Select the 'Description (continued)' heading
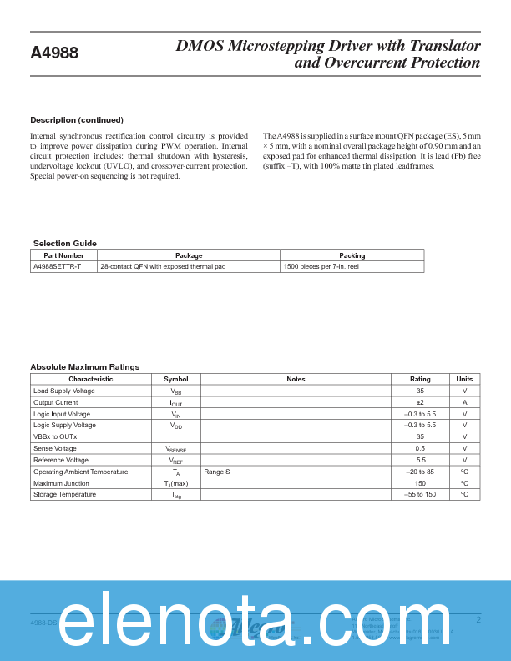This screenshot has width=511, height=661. click(x=77, y=120)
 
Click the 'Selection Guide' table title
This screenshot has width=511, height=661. click(x=64, y=243)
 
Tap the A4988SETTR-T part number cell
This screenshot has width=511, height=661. click(x=58, y=266)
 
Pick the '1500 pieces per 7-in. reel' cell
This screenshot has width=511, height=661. click(x=322, y=266)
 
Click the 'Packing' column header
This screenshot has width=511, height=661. click(x=352, y=255)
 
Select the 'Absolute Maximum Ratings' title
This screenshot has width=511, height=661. click(x=84, y=366)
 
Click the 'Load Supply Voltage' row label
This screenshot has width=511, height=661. click(x=63, y=391)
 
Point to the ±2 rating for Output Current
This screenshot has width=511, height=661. click(x=420, y=402)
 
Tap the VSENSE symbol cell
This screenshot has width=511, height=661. click(x=176, y=449)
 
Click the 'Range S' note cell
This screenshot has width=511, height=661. click(x=217, y=472)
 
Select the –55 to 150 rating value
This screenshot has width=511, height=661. click(x=420, y=495)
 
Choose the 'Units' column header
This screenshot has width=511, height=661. click(x=464, y=379)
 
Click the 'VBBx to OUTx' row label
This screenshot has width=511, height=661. click(x=55, y=436)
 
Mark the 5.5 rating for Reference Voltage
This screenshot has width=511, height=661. click(x=420, y=460)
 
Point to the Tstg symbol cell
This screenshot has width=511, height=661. click(x=176, y=495)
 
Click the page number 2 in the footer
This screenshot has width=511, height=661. click(x=478, y=619)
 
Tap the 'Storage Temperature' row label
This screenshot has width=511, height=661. click(x=64, y=495)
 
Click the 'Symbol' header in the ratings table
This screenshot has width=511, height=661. click(x=176, y=379)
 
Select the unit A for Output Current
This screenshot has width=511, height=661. click(x=464, y=402)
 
